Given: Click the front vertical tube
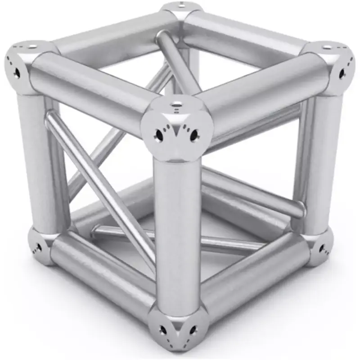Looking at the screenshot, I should coord(176,234).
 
